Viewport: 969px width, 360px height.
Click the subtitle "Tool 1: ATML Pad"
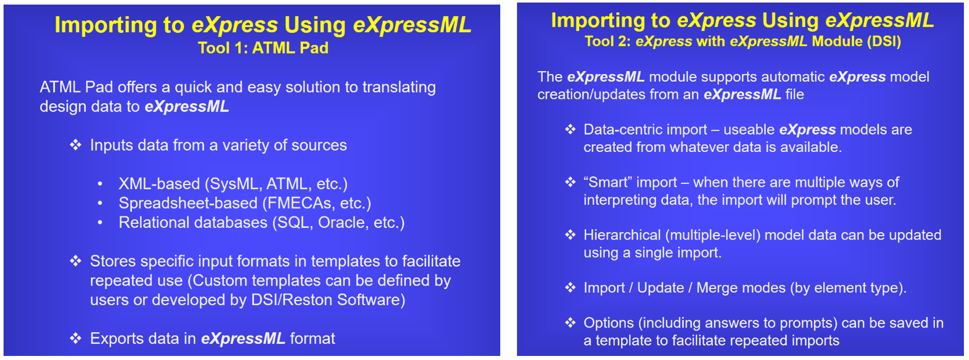tap(263, 48)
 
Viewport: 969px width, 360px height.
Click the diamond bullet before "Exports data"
tap(76, 338)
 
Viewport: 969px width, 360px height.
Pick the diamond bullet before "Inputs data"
tap(76, 145)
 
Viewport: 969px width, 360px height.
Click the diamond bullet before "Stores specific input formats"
tap(76, 261)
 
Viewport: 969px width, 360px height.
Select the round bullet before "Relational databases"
tap(100, 222)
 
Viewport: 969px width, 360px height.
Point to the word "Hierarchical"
tap(622, 235)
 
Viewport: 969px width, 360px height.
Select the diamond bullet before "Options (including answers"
tap(570, 322)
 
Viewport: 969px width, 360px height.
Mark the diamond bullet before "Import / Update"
tap(570, 287)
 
